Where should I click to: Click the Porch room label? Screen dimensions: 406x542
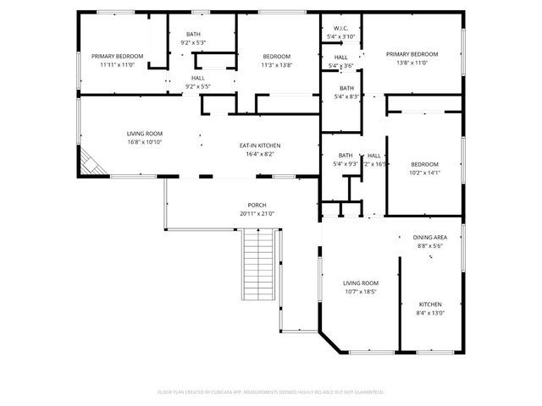click(257, 205)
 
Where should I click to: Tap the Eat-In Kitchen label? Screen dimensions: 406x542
click(260, 145)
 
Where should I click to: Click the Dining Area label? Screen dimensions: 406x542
click(430, 238)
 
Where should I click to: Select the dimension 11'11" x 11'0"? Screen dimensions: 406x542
click(117, 64)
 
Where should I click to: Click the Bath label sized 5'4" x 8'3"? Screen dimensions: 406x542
click(346, 88)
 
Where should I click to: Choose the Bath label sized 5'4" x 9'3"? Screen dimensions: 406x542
click(345, 156)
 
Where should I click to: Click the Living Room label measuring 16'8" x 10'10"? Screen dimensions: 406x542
click(145, 134)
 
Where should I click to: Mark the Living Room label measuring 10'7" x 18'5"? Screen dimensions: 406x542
click(360, 283)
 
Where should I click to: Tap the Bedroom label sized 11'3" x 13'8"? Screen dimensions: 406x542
click(276, 56)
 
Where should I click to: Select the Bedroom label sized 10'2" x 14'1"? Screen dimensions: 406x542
click(424, 164)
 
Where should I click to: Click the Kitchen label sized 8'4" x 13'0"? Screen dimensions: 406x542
click(430, 304)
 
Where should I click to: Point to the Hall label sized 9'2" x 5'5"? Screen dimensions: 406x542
click(197, 78)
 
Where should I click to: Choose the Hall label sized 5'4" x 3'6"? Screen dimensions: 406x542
click(340, 57)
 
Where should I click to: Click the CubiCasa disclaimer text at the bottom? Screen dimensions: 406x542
click(271, 392)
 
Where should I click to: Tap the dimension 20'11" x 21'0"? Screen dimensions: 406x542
click(257, 214)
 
